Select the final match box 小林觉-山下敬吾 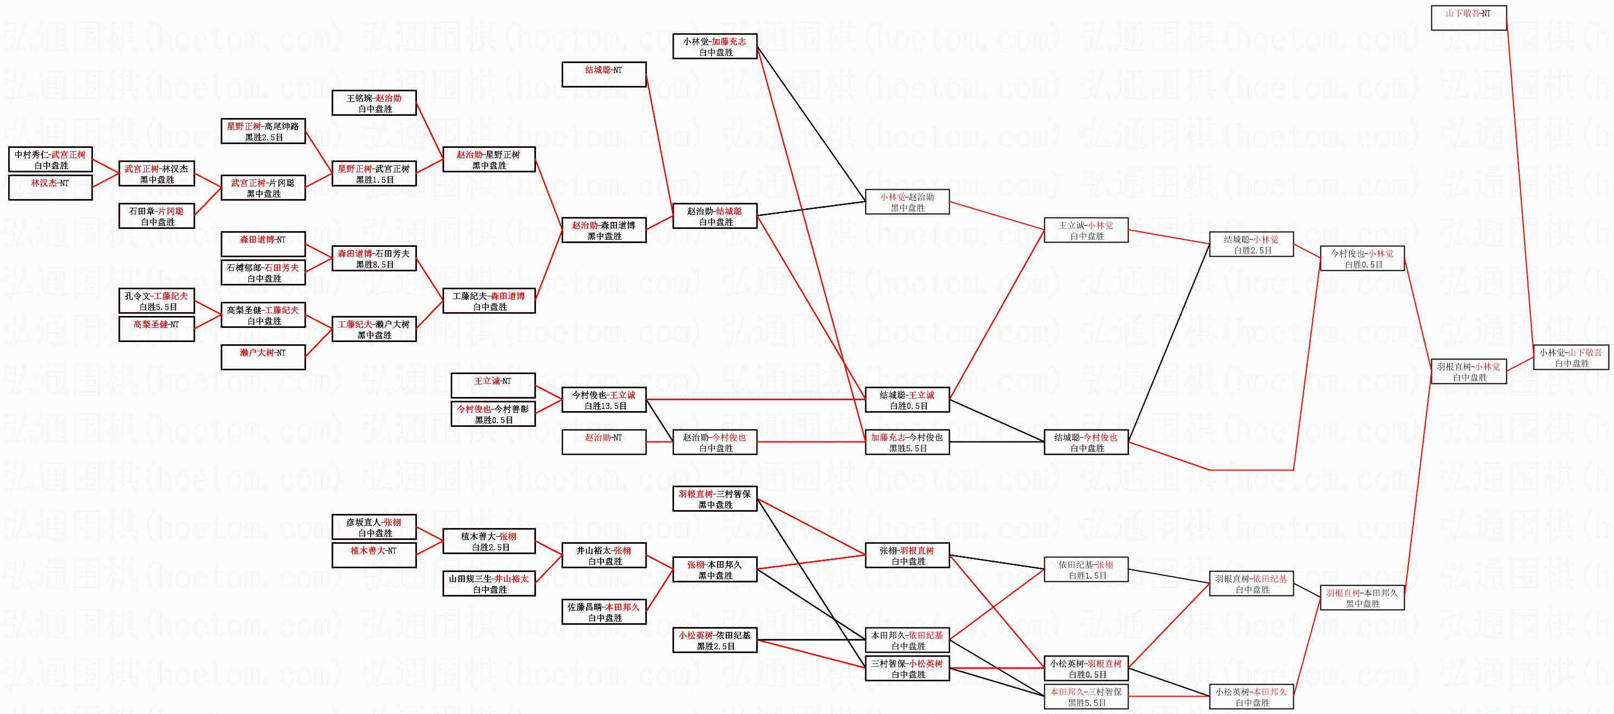(1571, 358)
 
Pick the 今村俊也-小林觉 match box (1362, 258)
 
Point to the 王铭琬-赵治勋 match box (374, 103)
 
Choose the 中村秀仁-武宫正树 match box (50, 159)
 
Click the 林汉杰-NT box (50, 188)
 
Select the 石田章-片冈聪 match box (157, 216)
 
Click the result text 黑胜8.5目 (375, 264)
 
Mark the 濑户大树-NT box (263, 357)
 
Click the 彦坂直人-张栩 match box (374, 527)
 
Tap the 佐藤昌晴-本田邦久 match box (604, 612)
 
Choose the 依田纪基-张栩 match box (1086, 570)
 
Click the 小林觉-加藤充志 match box (715, 46)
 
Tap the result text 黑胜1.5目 (375, 180)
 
